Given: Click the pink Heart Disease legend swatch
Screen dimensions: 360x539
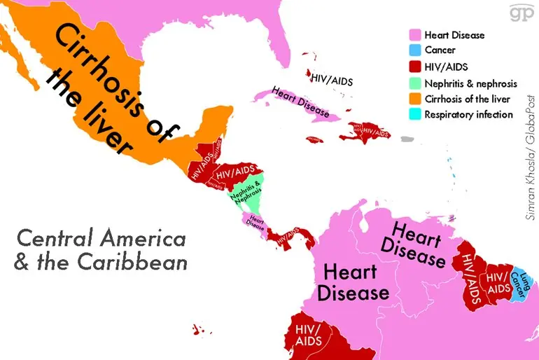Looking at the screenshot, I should coord(415,35).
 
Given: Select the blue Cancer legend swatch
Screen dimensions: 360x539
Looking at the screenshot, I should coord(415,50).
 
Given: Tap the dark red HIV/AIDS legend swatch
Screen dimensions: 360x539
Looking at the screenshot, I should coord(415,67).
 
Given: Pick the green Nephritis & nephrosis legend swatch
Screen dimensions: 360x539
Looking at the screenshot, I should coord(415,83).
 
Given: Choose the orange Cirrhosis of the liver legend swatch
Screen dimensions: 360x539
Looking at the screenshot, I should coord(415,99).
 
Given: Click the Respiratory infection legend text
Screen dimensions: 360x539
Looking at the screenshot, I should coord(468,115).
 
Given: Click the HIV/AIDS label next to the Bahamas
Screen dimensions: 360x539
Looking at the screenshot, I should coord(332,80).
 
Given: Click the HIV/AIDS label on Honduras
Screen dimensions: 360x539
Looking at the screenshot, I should coord(234,171).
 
